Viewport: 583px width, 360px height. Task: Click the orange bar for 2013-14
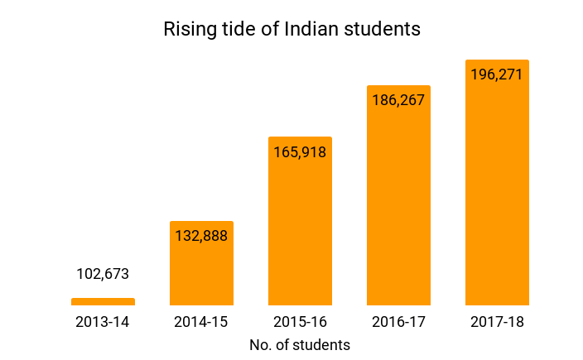click(x=103, y=302)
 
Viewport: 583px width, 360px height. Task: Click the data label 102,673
click(x=103, y=274)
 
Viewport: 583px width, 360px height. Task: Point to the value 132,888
click(x=201, y=235)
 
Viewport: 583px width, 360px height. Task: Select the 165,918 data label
click(x=300, y=151)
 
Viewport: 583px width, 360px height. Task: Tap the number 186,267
click(x=398, y=100)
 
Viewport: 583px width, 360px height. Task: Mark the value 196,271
click(x=497, y=74)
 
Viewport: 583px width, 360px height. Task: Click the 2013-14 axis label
click(x=103, y=322)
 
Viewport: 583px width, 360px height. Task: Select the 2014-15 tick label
click(x=201, y=322)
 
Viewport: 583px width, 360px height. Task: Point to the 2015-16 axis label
click(x=300, y=322)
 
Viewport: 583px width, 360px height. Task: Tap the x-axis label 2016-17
click(x=398, y=322)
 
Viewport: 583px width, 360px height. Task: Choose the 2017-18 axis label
click(x=497, y=322)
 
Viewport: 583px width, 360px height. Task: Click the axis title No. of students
click(x=300, y=344)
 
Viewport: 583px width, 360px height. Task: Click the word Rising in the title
click(x=187, y=30)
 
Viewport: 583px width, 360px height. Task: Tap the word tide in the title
click(x=238, y=29)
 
